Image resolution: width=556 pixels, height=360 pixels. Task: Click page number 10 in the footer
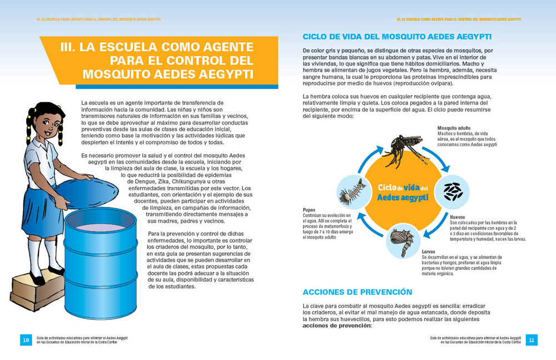pos(26,339)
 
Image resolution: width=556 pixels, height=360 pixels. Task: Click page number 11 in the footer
pos(532,339)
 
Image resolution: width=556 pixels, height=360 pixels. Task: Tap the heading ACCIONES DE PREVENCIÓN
pos(358,292)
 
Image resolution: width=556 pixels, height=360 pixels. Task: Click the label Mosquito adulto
pos(454,127)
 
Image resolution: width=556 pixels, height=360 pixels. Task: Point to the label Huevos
pos(458,217)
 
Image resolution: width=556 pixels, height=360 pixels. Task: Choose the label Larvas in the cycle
pos(428,251)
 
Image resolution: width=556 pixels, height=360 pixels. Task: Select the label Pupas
pos(309,209)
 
